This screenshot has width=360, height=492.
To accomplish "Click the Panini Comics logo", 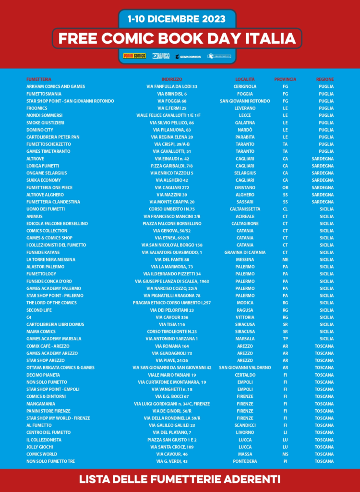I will pos(134,56).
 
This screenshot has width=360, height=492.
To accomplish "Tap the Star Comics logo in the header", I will pos(188,56).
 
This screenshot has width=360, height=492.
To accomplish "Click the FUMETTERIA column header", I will pos(39,79).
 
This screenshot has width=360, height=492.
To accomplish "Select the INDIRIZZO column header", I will pos(172,79).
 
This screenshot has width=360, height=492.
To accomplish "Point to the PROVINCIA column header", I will pos(285,79).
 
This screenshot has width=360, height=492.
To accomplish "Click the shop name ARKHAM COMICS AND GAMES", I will pos(56,86).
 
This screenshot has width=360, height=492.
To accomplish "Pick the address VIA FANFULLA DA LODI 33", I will pos(172,86).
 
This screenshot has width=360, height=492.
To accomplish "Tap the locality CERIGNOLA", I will pos(245,86).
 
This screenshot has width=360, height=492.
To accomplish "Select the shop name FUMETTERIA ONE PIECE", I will pos(49,187).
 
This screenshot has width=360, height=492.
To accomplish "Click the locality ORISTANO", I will pos(245,187).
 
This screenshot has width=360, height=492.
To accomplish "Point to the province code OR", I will pos(285,187).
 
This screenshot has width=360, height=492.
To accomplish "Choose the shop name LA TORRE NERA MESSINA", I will pos(51,259).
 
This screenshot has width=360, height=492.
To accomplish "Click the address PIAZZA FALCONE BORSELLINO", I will pos(172,223).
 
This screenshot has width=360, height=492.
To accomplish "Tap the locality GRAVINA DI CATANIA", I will pos(245,252).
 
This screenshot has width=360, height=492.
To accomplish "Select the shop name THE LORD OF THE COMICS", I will pos(51,303).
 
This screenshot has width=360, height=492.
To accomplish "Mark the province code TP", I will pos(285,339).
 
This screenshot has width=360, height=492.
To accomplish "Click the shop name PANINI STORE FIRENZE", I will pos(48,411).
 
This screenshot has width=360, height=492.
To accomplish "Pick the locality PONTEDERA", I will pos(245,461).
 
